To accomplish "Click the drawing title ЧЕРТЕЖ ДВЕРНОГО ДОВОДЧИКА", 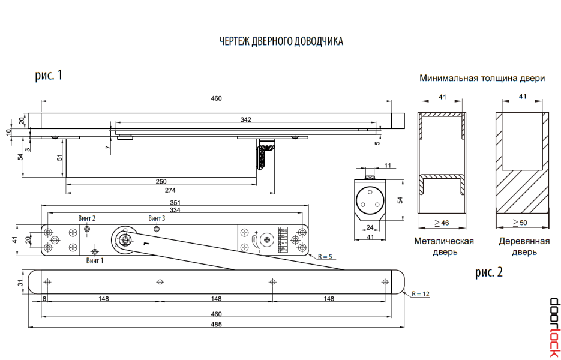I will (281, 41).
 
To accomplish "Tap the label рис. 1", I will (49, 76).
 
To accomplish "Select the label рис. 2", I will (489, 272).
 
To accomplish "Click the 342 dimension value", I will (245, 120).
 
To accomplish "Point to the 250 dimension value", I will (161, 181).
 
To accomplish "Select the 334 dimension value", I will (176, 210).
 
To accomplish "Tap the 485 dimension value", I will (216, 325).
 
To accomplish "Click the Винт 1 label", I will (95, 260).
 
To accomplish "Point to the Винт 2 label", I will (87, 218).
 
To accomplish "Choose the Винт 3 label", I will (157, 218).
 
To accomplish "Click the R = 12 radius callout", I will (421, 293).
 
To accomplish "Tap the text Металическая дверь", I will (444, 247).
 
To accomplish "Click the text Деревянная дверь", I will (524, 247).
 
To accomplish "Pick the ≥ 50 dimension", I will (520, 223).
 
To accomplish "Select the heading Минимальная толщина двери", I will (482, 79).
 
